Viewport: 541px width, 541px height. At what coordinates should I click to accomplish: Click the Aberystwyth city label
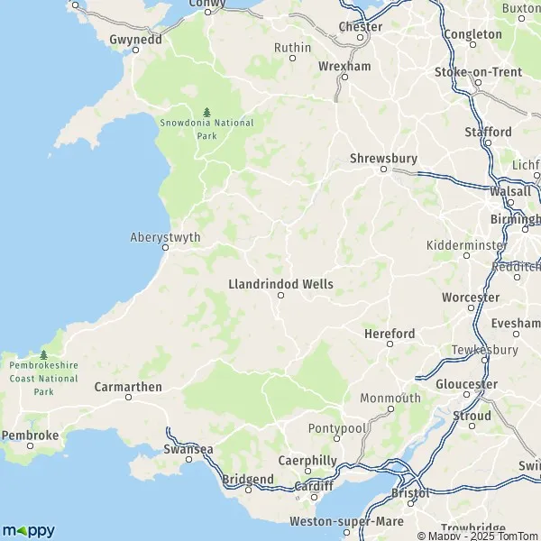click(x=166, y=238)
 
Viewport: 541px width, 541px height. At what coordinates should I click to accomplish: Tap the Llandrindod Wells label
click(x=280, y=284)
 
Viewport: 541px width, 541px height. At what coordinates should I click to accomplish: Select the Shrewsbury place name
click(x=384, y=159)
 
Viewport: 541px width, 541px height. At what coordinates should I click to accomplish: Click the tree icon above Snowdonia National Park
click(x=206, y=111)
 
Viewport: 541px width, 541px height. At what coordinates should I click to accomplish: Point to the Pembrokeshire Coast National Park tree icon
click(x=43, y=354)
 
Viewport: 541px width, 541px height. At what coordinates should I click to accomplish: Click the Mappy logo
click(x=28, y=530)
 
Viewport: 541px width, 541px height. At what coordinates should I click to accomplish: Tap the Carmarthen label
click(x=128, y=387)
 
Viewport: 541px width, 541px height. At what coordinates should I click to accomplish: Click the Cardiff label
click(x=315, y=486)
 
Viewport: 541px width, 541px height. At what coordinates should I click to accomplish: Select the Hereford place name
click(x=390, y=334)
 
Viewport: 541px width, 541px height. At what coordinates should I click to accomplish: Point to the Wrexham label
click(x=344, y=67)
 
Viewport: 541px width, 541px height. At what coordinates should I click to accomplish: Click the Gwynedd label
click(x=134, y=40)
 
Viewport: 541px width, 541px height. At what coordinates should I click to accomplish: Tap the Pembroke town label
click(x=31, y=435)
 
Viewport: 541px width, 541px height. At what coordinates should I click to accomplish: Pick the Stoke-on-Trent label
click(x=477, y=72)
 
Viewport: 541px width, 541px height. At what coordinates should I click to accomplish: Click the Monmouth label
click(x=390, y=398)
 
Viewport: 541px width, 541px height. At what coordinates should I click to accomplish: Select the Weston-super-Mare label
click(x=335, y=522)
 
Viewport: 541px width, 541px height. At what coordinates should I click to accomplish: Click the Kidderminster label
click(x=468, y=245)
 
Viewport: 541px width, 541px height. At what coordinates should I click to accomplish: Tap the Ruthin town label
click(x=292, y=47)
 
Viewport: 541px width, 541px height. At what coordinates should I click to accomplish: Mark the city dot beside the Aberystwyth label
click(x=166, y=250)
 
